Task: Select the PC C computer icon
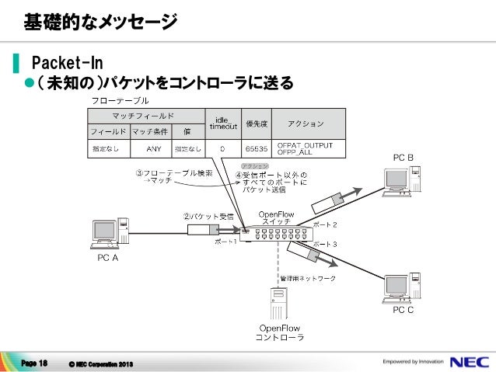click(398, 287)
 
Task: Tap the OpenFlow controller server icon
click(278, 302)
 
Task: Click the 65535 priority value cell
click(256, 147)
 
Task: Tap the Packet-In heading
click(67, 61)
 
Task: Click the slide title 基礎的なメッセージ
click(100, 22)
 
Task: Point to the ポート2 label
click(324, 224)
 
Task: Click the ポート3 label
click(324, 244)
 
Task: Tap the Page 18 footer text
click(35, 363)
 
